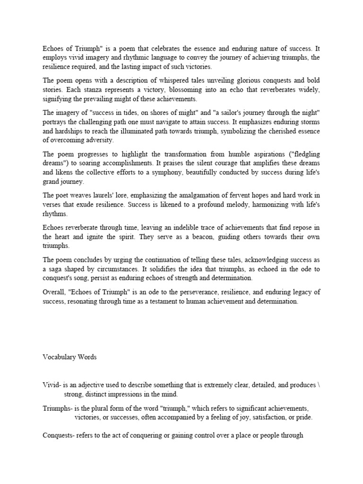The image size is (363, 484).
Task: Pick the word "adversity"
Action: (100, 140)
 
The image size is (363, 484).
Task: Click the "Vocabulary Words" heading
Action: (69, 357)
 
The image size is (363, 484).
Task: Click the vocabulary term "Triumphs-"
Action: (57, 408)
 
